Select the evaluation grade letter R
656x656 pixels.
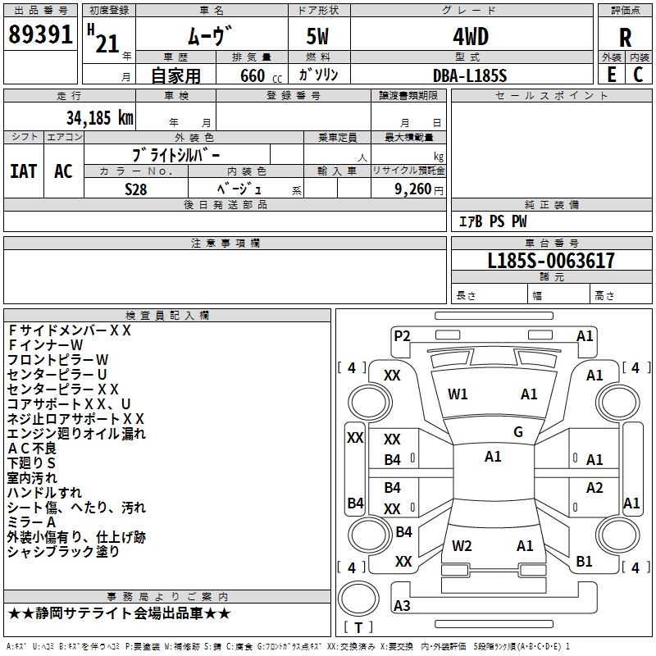click(625, 38)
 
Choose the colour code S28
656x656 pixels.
click(136, 189)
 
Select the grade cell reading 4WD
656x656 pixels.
click(470, 37)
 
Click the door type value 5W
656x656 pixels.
click(318, 37)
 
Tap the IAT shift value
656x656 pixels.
click(24, 171)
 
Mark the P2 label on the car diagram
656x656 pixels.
click(402, 335)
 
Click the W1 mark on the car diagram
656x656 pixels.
click(458, 394)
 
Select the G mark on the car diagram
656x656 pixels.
click(518, 432)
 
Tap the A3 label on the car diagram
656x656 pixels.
click(402, 605)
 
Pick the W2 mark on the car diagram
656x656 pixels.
click(462, 545)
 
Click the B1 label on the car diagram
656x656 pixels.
click(584, 562)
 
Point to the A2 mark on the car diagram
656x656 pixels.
click(594, 488)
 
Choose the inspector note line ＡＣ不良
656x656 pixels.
click(32, 448)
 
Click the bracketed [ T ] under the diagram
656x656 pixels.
click(358, 627)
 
